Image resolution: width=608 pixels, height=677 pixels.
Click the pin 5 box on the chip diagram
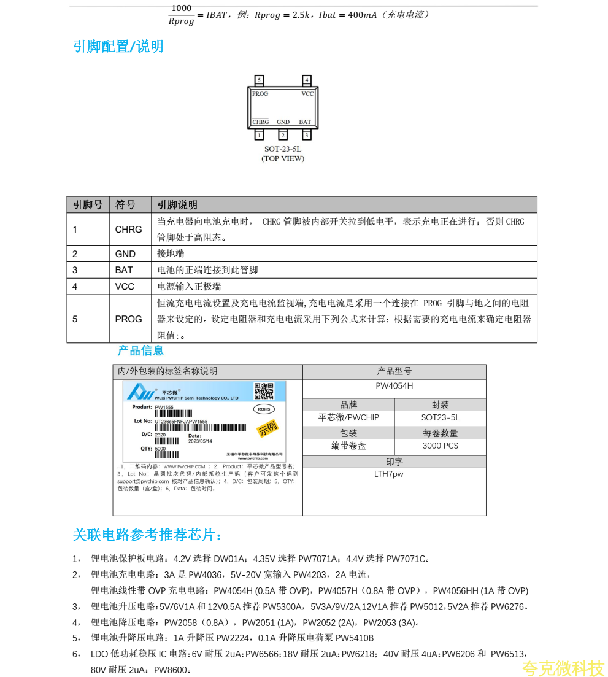[x=259, y=80]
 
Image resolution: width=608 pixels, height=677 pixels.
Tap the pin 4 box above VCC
[x=307, y=80]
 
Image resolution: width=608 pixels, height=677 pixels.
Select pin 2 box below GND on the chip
[x=283, y=135]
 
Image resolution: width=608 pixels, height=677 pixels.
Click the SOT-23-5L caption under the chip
[x=283, y=149]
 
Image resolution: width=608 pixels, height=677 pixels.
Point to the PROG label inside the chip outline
[x=260, y=94]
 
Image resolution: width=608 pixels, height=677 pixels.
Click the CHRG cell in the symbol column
[x=128, y=230]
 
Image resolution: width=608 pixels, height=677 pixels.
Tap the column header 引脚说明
[x=177, y=205]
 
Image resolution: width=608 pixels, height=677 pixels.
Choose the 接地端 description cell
[x=171, y=253]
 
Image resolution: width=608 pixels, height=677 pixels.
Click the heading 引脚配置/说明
[x=118, y=47]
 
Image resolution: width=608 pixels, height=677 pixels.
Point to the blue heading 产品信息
[x=140, y=350]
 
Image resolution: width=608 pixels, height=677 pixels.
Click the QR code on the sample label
[x=264, y=391]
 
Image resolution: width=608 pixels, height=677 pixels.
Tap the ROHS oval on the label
[x=264, y=409]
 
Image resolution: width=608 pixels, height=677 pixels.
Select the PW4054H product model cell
[x=394, y=386]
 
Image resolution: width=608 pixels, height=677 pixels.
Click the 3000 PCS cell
[x=440, y=446]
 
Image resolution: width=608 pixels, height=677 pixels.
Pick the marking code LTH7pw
[x=388, y=474]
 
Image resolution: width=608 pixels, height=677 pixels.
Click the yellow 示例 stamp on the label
[x=267, y=428]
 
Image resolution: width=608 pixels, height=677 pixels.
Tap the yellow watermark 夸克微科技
[x=563, y=668]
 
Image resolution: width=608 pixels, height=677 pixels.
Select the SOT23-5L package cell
[x=440, y=417]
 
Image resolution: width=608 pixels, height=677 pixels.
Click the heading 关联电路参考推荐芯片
[x=147, y=535]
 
